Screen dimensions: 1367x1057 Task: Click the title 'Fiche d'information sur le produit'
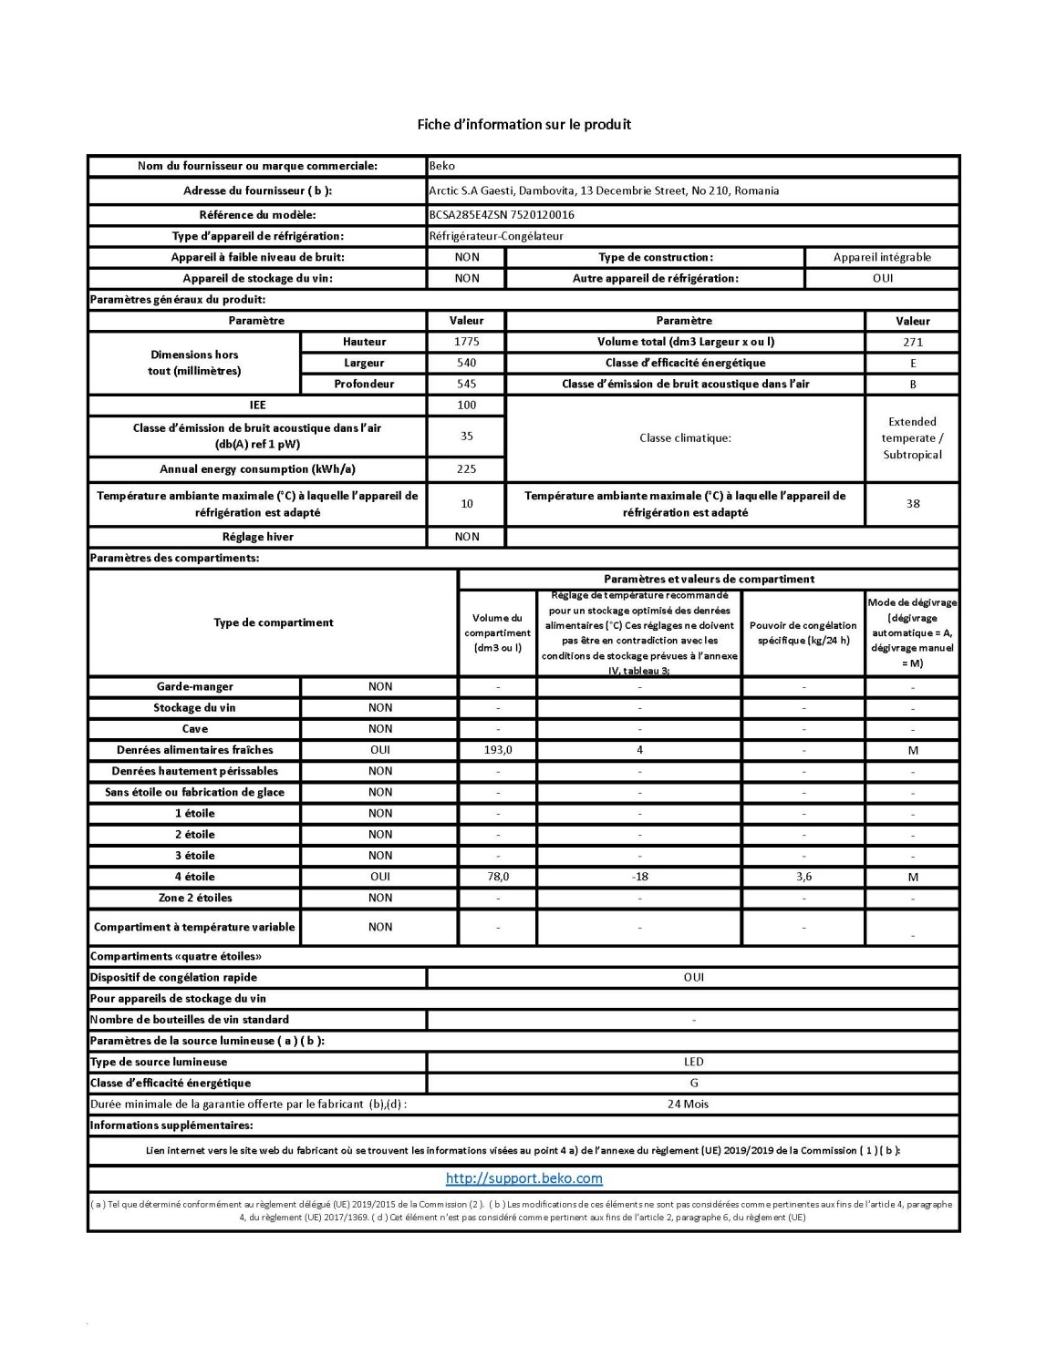[523, 124]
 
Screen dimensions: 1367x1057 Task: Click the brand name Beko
[441, 166]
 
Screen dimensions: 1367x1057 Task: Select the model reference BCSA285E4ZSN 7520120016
[501, 215]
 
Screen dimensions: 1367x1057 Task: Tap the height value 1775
[466, 342]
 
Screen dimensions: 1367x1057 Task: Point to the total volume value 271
[912, 342]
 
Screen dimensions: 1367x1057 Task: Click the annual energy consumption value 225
[466, 469]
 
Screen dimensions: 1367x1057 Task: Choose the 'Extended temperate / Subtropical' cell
[912, 438]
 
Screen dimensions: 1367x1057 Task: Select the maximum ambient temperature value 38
[912, 503]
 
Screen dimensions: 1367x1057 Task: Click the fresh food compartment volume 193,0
[497, 750]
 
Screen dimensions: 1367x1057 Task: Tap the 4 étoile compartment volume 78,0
[497, 877]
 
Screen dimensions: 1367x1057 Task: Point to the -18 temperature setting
[639, 877]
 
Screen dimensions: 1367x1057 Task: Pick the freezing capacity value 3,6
[803, 877]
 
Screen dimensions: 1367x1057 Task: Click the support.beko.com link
[523, 1178]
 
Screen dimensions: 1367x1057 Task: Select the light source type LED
[693, 1062]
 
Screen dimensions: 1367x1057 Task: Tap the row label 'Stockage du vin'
[194, 708]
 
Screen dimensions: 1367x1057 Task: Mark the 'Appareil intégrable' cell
[882, 257]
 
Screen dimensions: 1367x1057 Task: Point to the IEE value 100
[466, 405]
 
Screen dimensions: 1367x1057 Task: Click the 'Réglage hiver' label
[257, 537]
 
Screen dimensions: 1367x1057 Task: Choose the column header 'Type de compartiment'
[273, 622]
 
